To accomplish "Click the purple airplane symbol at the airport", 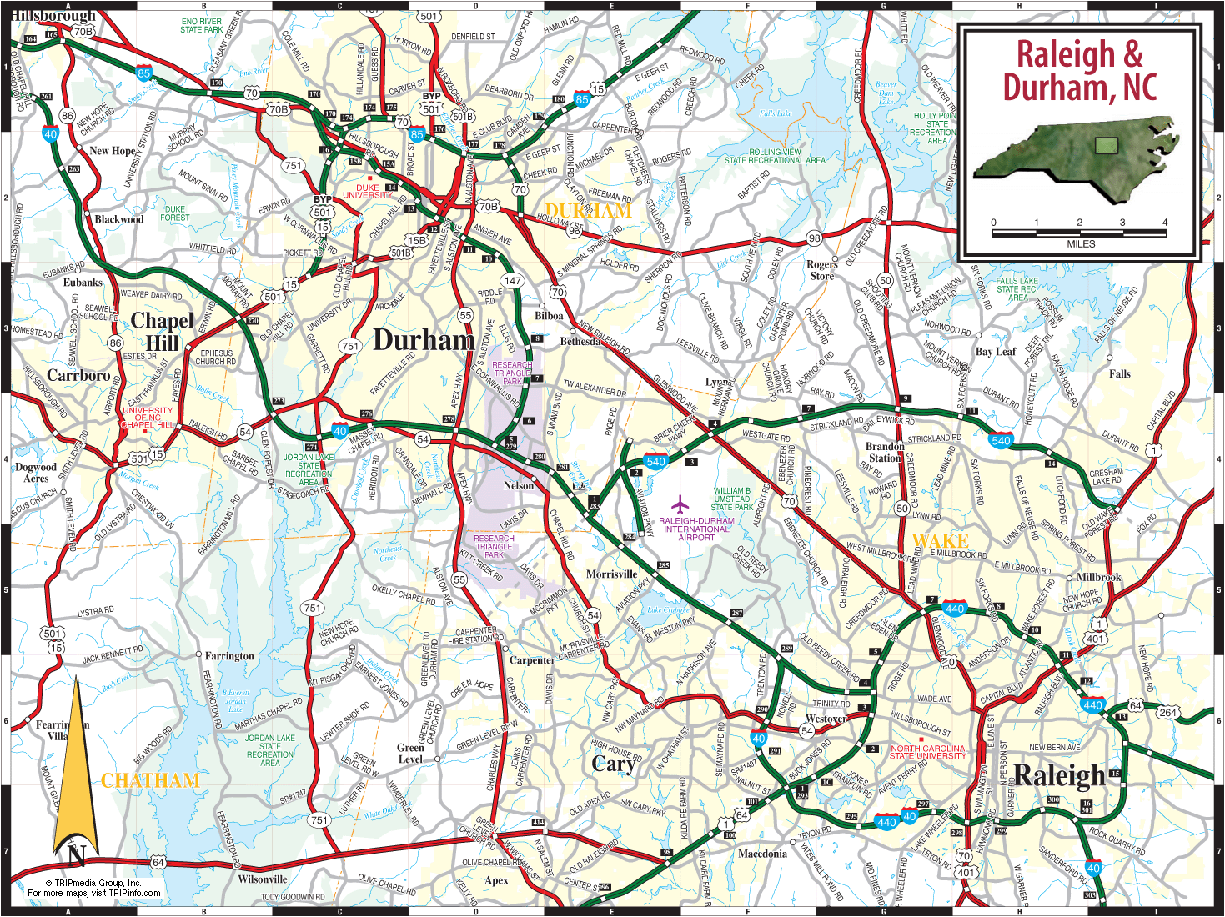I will click(x=681, y=504).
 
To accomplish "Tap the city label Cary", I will click(x=613, y=764).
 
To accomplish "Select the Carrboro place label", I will click(x=78, y=375).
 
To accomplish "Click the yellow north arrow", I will click(x=75, y=767).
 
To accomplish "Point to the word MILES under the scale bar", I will click(x=1081, y=244).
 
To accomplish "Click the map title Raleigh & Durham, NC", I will click(x=1080, y=71).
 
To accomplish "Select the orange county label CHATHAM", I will click(x=150, y=781).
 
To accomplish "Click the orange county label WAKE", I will click(x=940, y=541).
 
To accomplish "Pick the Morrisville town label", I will click(x=611, y=574).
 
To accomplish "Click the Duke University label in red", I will click(x=368, y=192).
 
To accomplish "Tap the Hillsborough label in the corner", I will click(x=53, y=15).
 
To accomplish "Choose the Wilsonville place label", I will click(x=262, y=879).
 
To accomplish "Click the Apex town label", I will click(x=496, y=880).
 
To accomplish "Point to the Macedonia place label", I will click(x=762, y=854).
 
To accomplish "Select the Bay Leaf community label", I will click(x=996, y=352).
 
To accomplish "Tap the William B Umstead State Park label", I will click(x=731, y=499).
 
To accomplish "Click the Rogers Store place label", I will click(x=821, y=270).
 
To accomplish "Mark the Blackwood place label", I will click(x=118, y=219).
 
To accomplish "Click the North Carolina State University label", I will click(x=927, y=752).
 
